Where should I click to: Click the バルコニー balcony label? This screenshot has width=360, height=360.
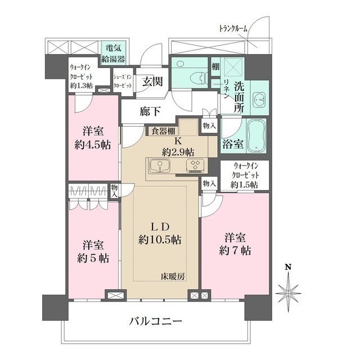point(156,322)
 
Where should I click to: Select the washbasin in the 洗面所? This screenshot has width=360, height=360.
point(259,100)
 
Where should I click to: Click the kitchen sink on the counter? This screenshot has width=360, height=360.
point(161,166)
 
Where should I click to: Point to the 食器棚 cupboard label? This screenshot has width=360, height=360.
point(162,131)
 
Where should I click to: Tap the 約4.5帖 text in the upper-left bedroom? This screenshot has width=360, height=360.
point(93,144)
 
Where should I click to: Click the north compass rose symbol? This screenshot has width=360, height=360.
point(287,292)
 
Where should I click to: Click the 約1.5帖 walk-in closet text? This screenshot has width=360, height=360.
point(244,184)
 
